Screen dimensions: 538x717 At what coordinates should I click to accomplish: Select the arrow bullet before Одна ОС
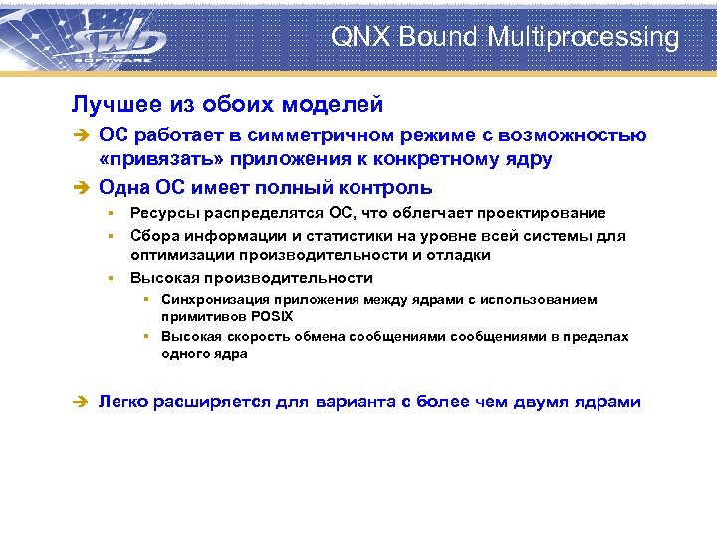tap(81, 187)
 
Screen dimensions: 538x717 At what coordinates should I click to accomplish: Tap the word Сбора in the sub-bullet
tap(152, 236)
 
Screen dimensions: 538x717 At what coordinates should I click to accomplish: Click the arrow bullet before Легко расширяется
tap(81, 403)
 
